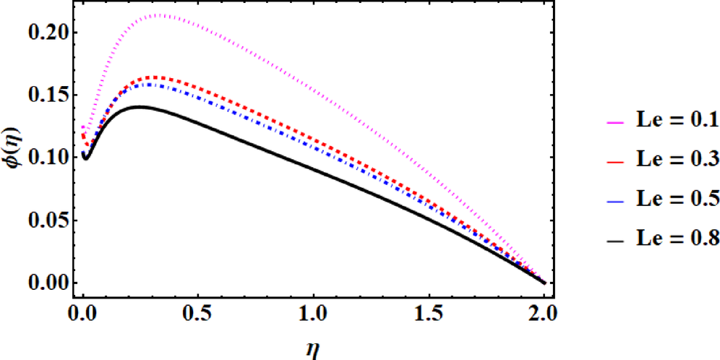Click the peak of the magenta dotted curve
point(160,14)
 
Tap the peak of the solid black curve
point(139,106)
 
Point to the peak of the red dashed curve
point(154,77)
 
